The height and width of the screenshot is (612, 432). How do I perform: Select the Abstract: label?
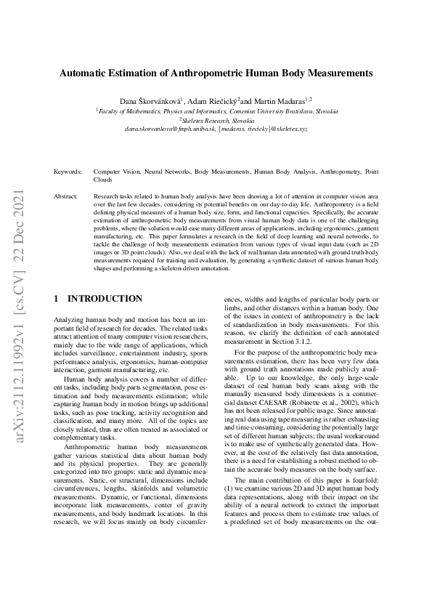[66, 197]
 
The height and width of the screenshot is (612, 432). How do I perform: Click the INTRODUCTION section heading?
[105, 299]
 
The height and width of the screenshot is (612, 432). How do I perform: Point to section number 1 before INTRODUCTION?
[57, 299]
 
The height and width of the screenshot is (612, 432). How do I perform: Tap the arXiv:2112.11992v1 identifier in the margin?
[21, 381]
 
